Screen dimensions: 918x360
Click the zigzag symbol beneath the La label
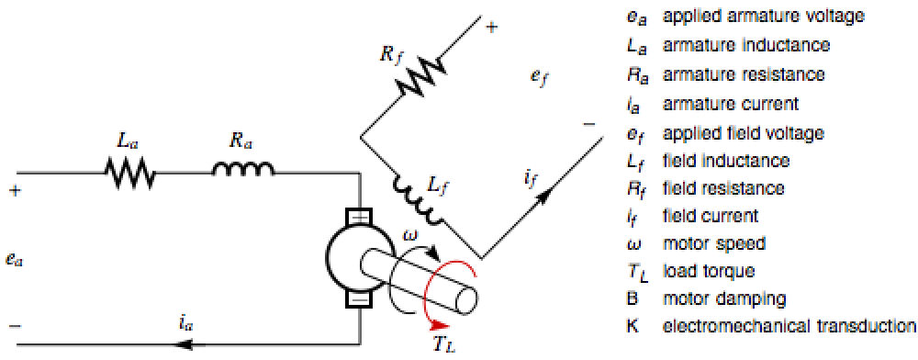point(130,174)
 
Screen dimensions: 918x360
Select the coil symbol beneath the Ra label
point(243,169)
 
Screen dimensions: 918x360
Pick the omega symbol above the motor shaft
point(411,235)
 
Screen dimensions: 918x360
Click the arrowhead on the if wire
point(545,196)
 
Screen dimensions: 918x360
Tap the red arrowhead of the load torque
point(441,326)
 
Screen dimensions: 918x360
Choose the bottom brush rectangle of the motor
point(360,299)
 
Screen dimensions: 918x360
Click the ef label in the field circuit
point(541,78)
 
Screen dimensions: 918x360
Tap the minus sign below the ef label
point(589,124)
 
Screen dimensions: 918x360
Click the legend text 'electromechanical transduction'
point(788,326)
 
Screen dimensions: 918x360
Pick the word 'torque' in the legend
point(732,272)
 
